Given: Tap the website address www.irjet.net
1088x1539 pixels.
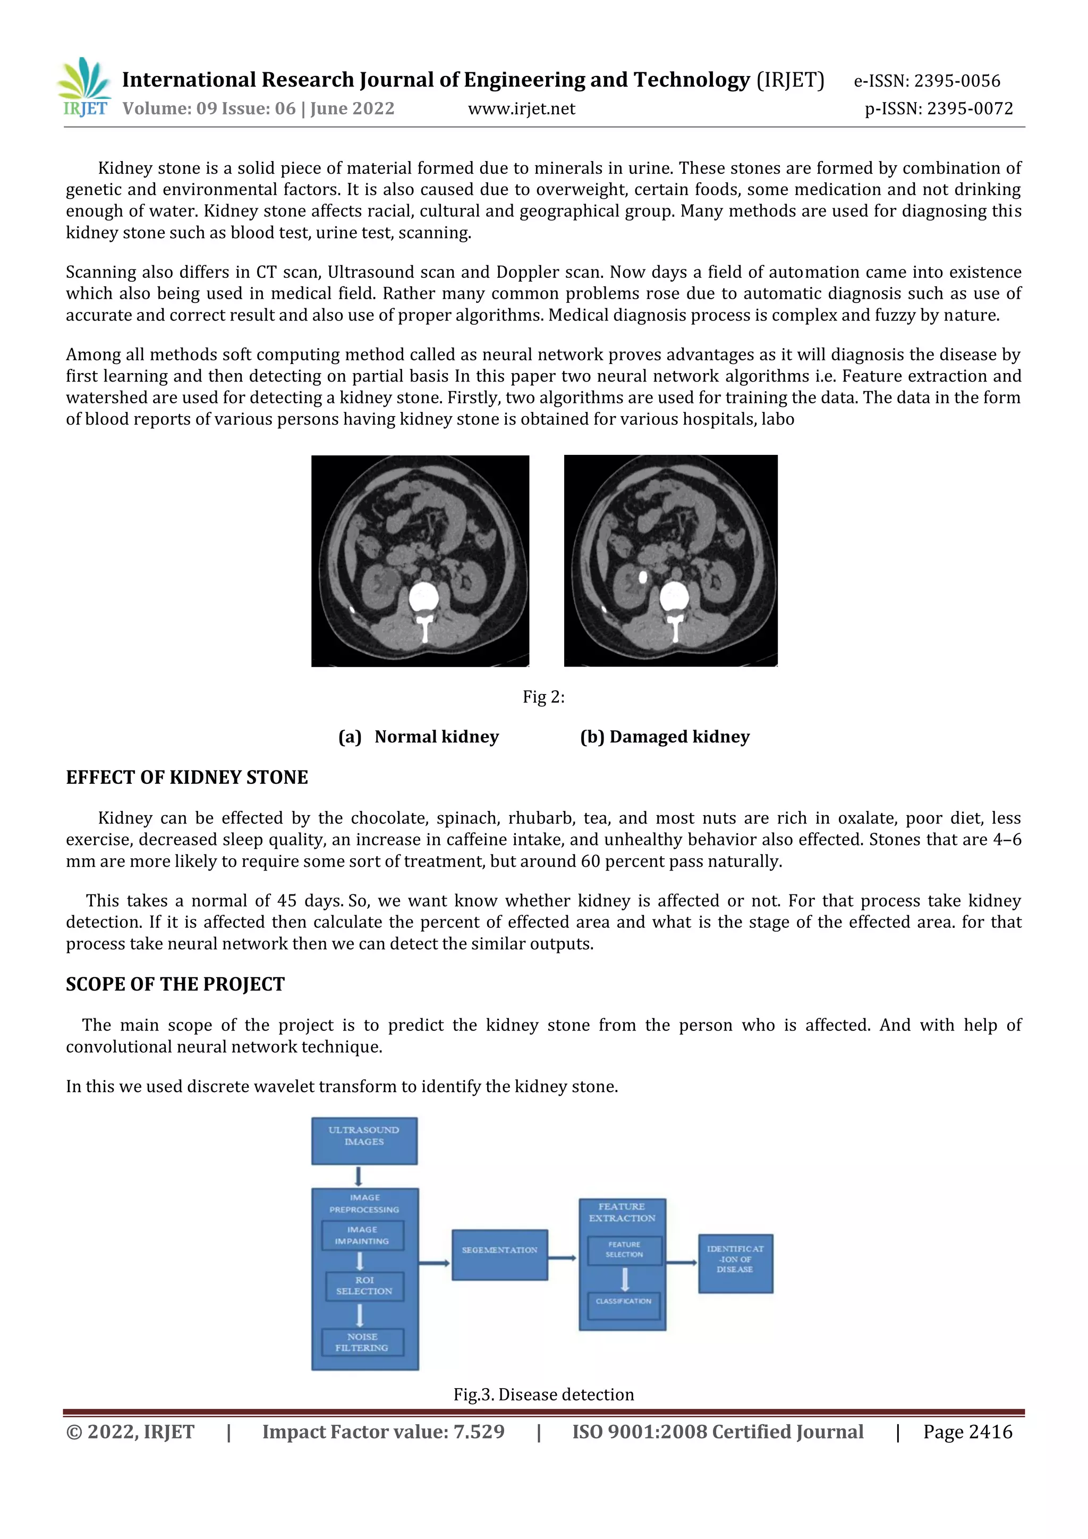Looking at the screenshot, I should click(x=521, y=108).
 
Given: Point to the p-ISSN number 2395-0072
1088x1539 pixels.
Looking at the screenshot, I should click(x=970, y=108).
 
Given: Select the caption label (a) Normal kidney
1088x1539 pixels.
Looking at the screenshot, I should click(x=419, y=737).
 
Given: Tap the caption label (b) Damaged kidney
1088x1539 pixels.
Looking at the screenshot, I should click(x=665, y=737).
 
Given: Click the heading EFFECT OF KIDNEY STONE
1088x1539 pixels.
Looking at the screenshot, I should click(x=187, y=777).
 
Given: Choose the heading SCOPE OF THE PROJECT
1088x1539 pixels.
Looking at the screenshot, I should click(x=175, y=984).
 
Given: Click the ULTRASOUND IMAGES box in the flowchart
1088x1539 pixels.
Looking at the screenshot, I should click(x=364, y=1140).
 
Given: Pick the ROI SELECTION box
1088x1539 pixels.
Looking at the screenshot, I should click(x=364, y=1286).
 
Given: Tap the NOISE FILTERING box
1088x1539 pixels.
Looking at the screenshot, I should click(x=362, y=1342).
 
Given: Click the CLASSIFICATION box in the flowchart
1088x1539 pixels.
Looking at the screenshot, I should click(x=623, y=1301).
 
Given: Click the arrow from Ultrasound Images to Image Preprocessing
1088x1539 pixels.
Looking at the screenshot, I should click(x=359, y=1177).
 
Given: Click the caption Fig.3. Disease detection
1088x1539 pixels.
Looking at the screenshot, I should click(x=543, y=1394).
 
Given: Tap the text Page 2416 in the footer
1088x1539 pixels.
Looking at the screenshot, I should click(x=967, y=1432).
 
